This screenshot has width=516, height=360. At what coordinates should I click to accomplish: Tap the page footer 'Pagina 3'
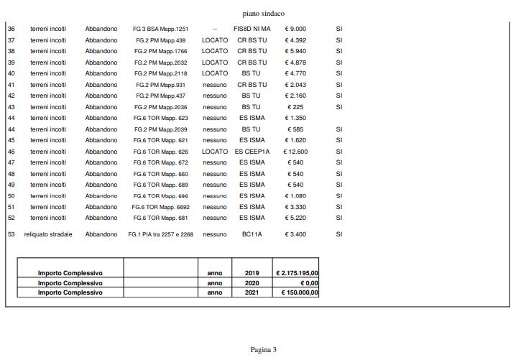264,350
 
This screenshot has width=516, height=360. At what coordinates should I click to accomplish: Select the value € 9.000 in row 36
296,29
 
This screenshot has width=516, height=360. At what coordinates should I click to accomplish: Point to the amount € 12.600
296,152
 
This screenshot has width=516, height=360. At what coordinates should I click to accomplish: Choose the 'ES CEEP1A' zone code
252,152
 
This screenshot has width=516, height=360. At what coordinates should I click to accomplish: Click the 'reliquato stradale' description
48,234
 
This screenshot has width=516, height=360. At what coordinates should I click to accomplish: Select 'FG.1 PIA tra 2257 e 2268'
161,234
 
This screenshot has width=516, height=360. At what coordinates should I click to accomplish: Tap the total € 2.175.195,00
297,273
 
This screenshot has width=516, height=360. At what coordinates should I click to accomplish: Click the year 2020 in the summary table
252,283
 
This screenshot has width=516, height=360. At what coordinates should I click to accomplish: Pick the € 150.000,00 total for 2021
300,292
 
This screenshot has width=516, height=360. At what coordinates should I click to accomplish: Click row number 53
11,234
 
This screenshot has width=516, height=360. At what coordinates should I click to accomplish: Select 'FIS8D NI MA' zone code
252,29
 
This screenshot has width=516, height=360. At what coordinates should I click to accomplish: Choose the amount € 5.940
296,51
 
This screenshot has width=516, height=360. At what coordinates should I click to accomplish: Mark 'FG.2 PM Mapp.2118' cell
161,73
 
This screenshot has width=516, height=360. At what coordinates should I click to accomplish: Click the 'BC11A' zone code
252,234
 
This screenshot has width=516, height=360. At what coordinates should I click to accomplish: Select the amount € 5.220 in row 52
296,218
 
